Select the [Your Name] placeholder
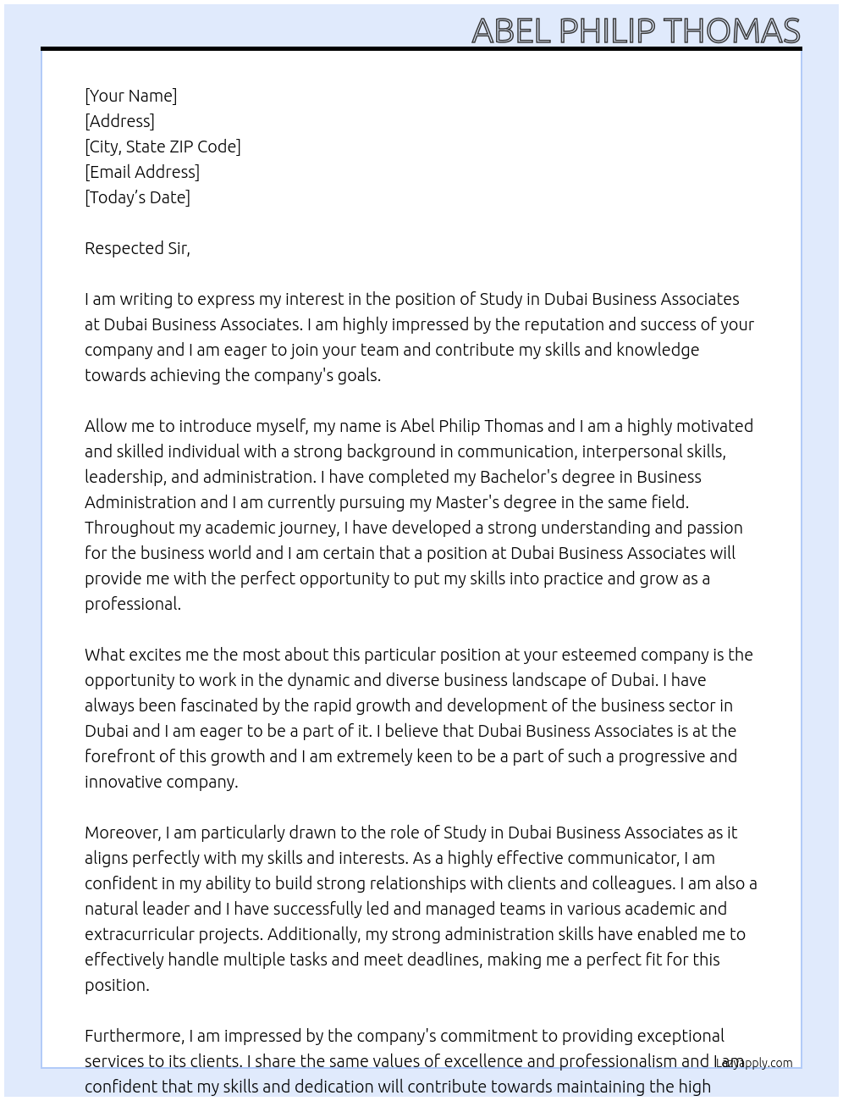tap(130, 96)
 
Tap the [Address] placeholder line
tap(119, 121)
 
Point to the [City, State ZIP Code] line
tap(163, 147)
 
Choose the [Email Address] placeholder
tap(142, 172)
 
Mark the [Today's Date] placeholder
tap(137, 197)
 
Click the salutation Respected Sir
tap(137, 248)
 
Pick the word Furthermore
tap(134, 1036)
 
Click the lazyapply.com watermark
tap(755, 1063)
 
